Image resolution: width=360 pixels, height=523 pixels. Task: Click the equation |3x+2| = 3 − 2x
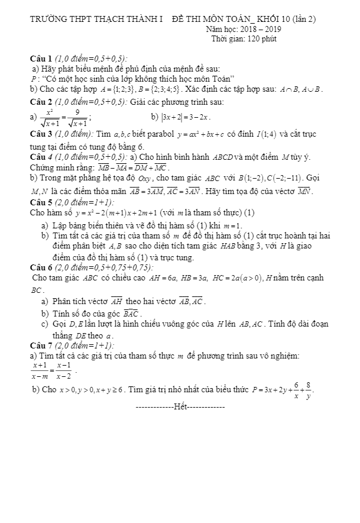point(186,118)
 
